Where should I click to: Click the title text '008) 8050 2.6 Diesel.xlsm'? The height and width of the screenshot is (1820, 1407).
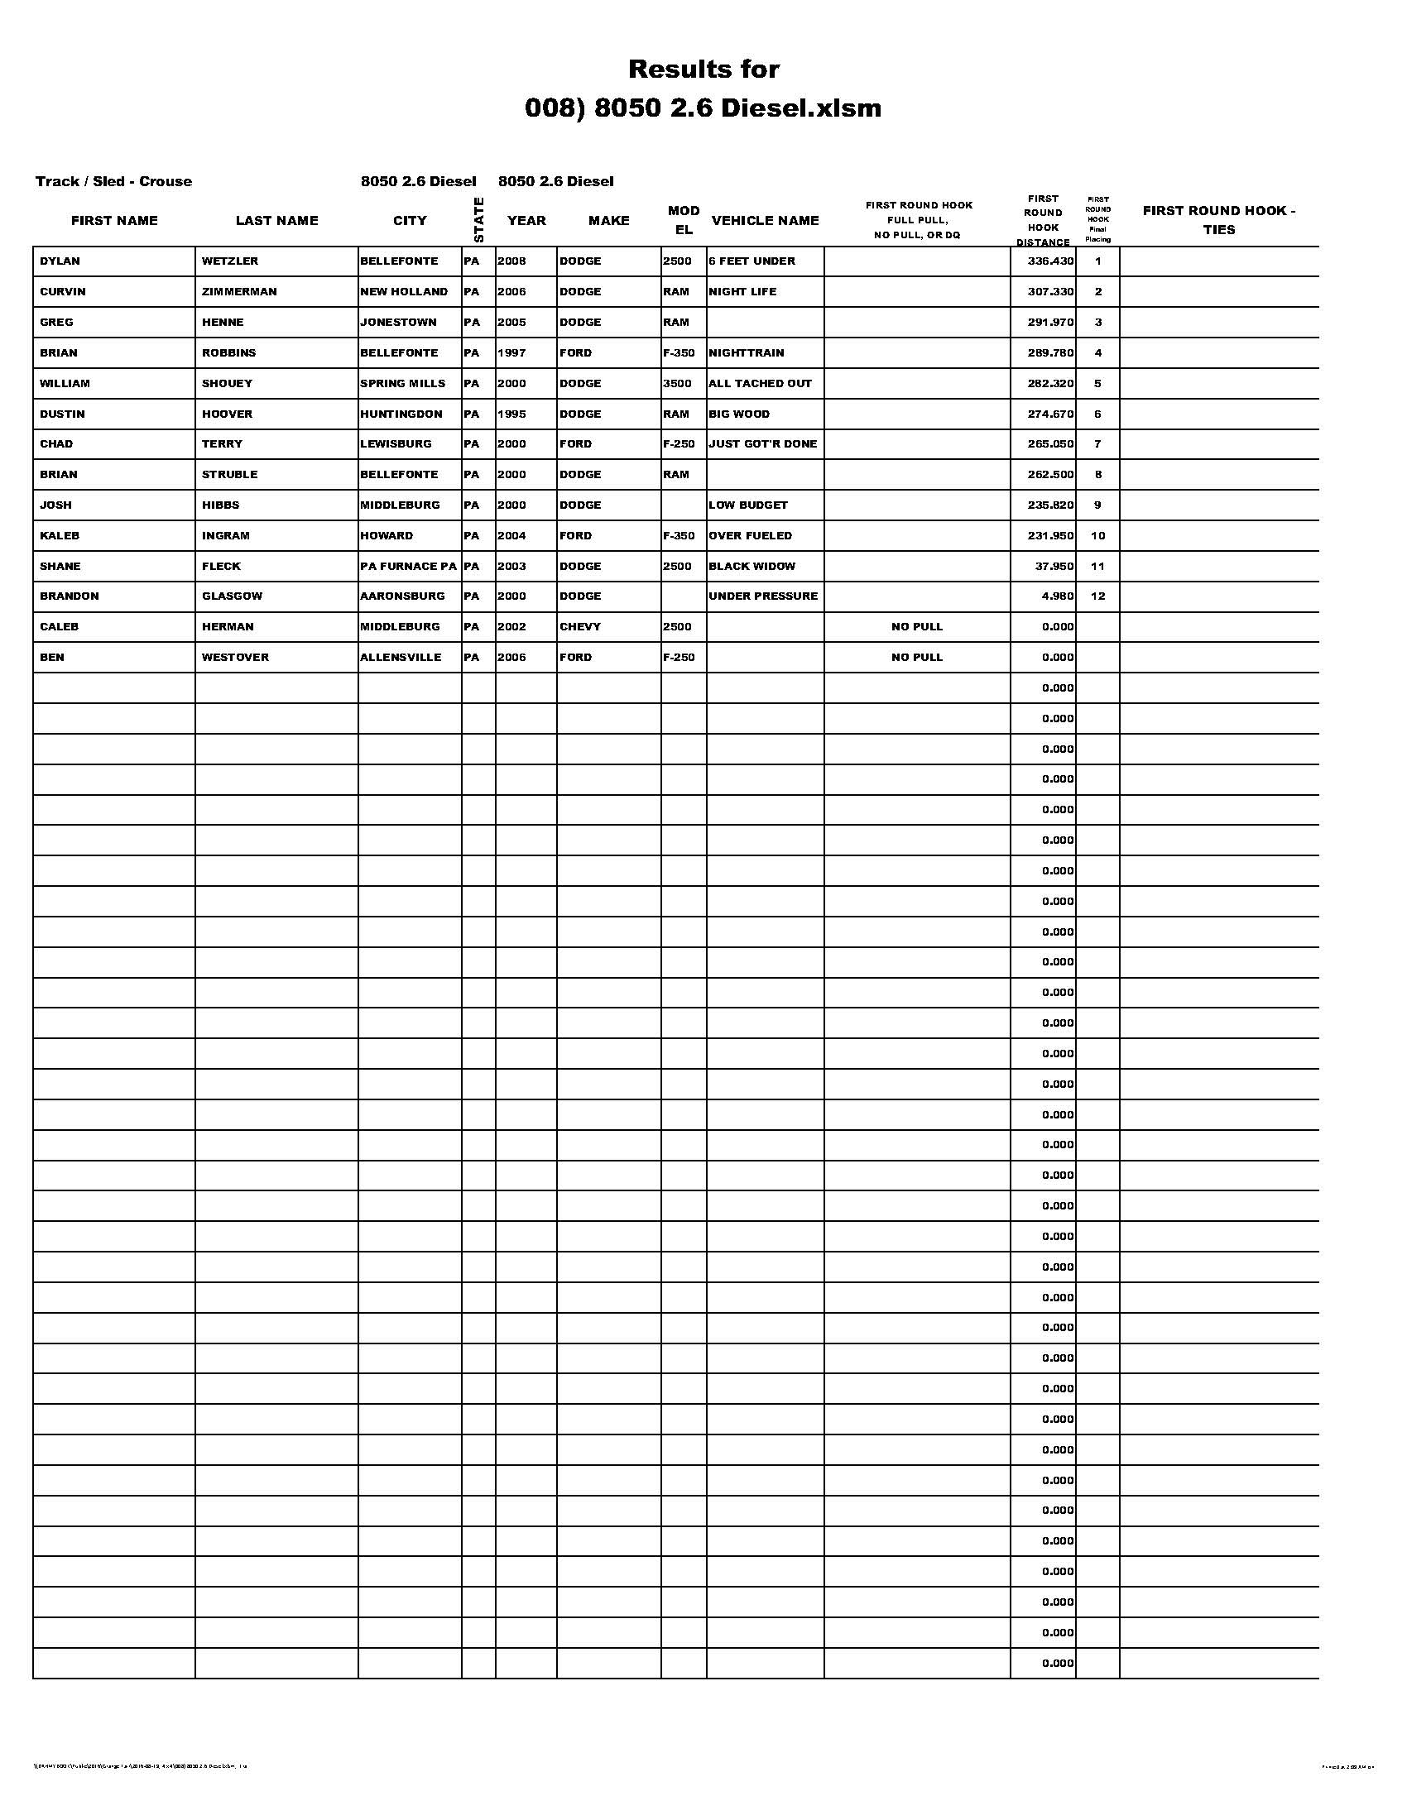pos(703,108)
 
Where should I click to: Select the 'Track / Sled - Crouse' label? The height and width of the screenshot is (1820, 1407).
pos(113,182)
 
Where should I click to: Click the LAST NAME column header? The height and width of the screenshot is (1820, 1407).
pos(276,221)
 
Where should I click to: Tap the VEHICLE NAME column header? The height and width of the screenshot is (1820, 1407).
pos(766,221)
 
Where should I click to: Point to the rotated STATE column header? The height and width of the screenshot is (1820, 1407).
pos(478,220)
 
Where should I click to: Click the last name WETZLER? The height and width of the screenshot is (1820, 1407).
pos(230,261)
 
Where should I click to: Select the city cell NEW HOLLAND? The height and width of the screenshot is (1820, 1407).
pos(403,292)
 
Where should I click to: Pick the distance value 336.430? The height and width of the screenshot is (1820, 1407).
pos(1050,261)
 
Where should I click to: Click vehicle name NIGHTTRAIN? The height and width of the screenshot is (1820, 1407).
pos(746,353)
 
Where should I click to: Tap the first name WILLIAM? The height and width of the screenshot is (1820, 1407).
pos(65,383)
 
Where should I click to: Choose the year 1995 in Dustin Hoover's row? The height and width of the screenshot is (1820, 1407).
pos(511,414)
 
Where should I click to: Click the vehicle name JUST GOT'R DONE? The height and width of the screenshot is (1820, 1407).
pos(763,444)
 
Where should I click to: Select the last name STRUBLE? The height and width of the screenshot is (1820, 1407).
pos(230,475)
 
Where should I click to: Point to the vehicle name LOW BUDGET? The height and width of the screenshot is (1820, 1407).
pos(747,505)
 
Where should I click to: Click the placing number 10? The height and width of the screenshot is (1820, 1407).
pos(1097,536)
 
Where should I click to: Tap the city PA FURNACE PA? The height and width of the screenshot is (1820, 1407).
pos(408,567)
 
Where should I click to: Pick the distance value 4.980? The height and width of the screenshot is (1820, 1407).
pos(1057,596)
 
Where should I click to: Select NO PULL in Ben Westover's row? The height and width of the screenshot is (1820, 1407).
pos(917,658)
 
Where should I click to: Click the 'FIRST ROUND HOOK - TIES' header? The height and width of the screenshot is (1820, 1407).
pos(1218,220)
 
